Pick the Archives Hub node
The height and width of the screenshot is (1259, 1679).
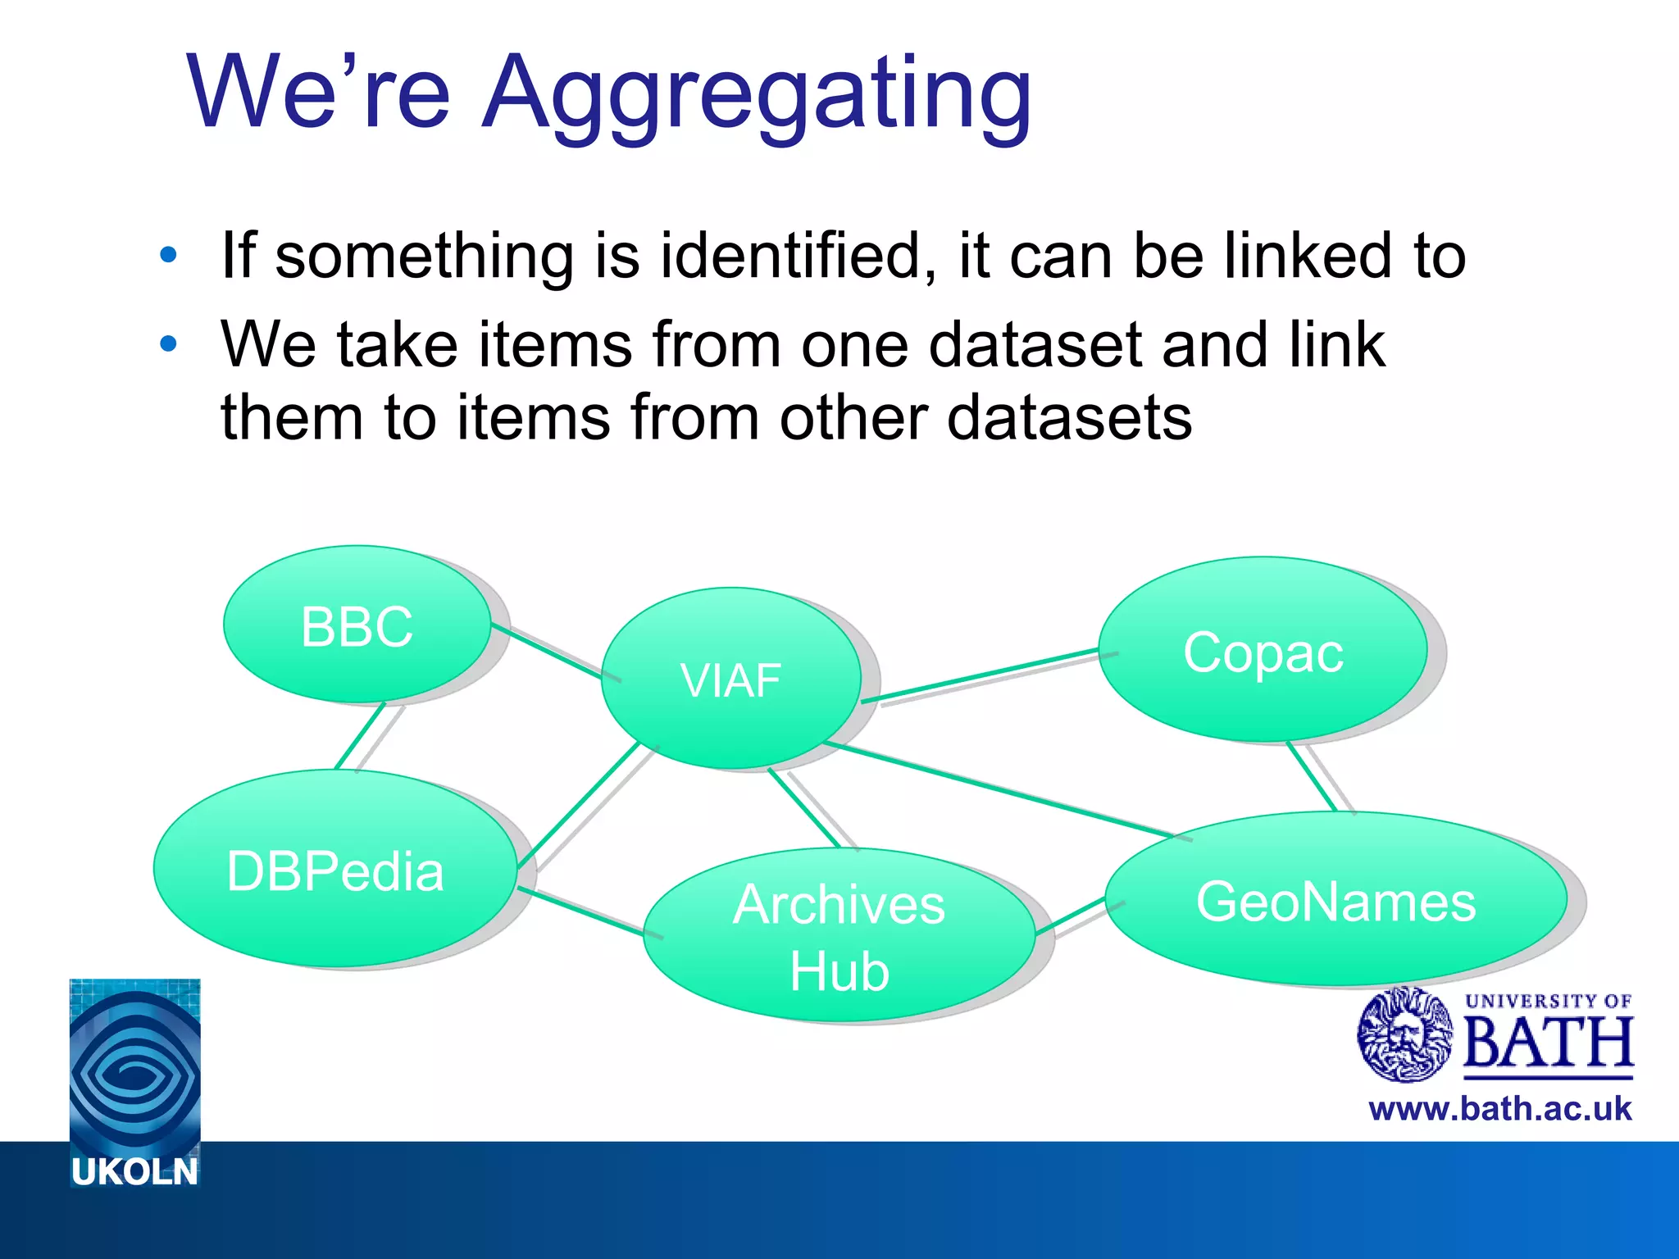tap(839, 936)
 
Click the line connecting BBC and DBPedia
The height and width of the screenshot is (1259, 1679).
tap(360, 736)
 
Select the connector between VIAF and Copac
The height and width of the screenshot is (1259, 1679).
tap(980, 676)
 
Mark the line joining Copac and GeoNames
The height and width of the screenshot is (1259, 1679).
tap(1312, 776)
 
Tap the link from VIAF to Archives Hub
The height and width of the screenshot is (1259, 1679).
tap(804, 808)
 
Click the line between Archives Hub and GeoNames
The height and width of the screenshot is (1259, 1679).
tap(1070, 916)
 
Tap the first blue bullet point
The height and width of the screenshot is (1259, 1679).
tap(168, 255)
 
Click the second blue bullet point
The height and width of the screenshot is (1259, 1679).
tap(168, 344)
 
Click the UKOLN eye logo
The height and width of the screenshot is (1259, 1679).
tap(134, 1066)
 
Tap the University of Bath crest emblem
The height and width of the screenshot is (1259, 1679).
tap(1404, 1034)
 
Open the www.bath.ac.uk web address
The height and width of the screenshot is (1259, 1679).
tap(1499, 1109)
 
